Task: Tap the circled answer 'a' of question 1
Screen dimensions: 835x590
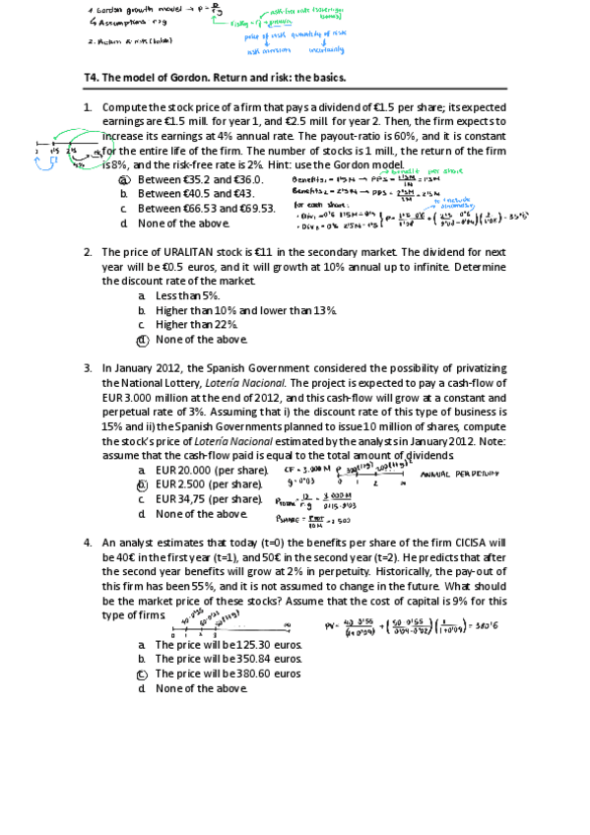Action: [123, 180]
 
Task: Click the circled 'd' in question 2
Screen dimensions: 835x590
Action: [143, 340]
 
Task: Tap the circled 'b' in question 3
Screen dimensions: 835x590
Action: [143, 484]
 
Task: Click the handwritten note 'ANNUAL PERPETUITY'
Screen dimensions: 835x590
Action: [459, 474]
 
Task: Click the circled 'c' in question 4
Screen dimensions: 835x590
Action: [143, 674]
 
